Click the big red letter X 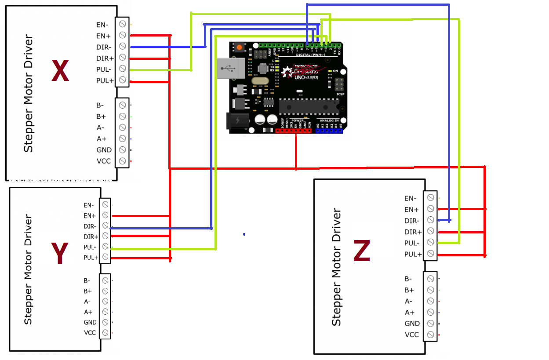[60, 71]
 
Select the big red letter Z [361, 251]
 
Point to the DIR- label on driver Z [412, 221]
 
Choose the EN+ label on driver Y [90, 216]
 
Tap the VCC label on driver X [104, 161]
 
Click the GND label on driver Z [412, 324]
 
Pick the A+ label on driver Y [88, 312]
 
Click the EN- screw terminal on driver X [122, 24]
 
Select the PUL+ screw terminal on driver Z [431, 254]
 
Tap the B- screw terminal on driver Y [105, 280]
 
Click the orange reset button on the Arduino [239, 47]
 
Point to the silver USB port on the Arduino [229, 69]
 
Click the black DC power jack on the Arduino [236, 121]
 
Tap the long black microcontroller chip [309, 106]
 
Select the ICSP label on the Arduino [340, 94]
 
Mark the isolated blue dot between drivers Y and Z [244, 234]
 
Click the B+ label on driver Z [409, 290]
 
